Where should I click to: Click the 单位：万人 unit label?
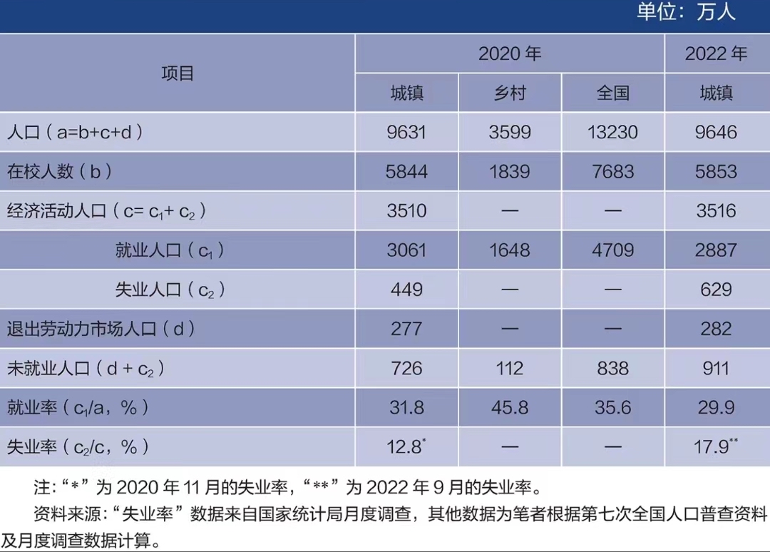click(686, 13)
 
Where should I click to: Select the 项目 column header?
click(178, 73)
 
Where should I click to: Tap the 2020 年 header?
click(510, 54)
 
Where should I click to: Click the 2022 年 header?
click(717, 54)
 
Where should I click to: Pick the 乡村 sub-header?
click(510, 93)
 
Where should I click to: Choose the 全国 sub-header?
click(612, 93)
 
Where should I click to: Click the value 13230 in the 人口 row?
click(612, 133)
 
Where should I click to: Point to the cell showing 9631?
click(407, 133)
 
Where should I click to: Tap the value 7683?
click(612, 172)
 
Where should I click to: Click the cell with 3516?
click(717, 211)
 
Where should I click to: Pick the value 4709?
click(612, 250)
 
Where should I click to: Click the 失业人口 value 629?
click(717, 290)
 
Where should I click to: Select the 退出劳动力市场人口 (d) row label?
click(101, 329)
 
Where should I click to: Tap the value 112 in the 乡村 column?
click(510, 368)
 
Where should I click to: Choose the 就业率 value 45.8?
click(510, 407)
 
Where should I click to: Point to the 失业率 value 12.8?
click(405, 447)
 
